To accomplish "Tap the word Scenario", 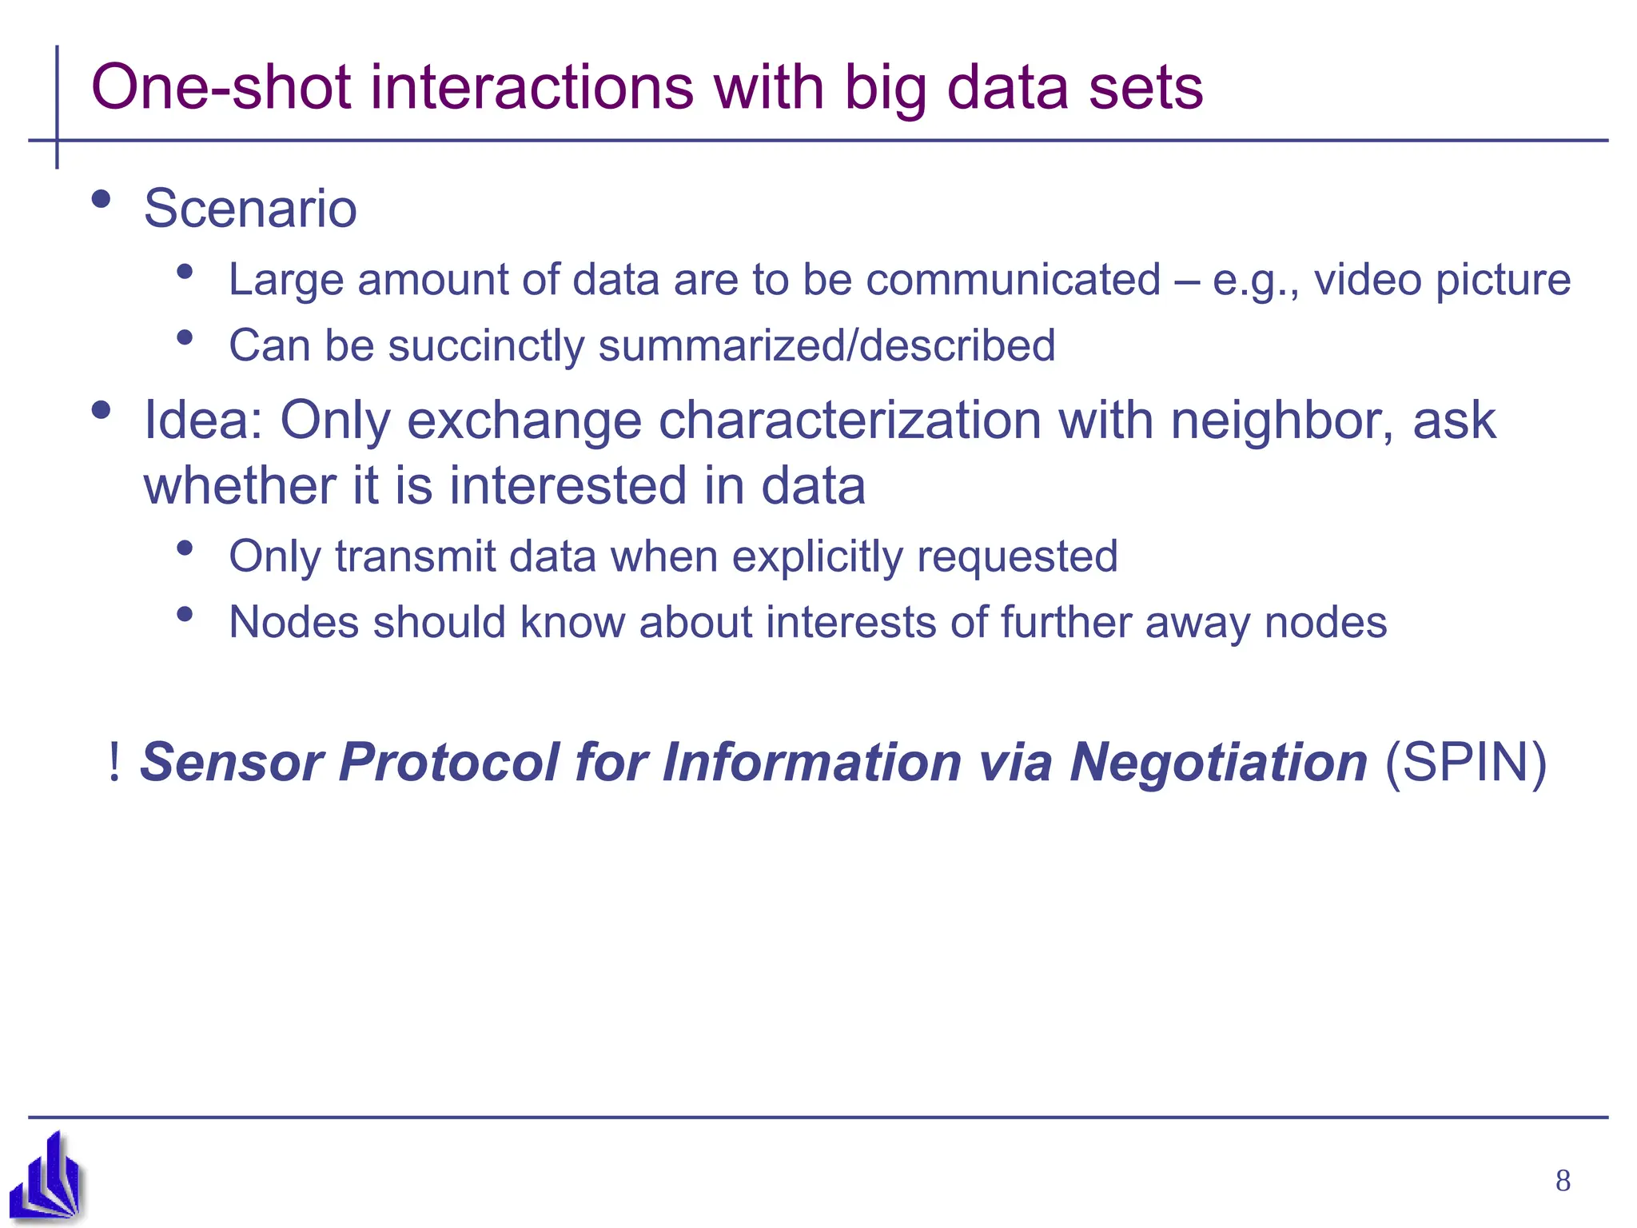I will (x=250, y=209).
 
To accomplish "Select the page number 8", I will (x=1563, y=1181).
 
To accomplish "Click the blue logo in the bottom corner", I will (x=46, y=1177).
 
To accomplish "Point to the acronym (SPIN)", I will (x=1465, y=762).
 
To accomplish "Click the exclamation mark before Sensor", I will (x=114, y=762).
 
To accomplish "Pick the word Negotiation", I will (x=1218, y=762).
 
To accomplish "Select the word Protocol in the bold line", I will (x=448, y=762).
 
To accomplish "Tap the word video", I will (x=1366, y=280).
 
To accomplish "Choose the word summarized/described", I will (x=826, y=346).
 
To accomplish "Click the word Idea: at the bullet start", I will (x=203, y=421).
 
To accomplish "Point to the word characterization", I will (x=850, y=421).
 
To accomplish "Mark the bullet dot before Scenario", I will (x=101, y=199).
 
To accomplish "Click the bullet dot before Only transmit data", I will (x=185, y=548).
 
